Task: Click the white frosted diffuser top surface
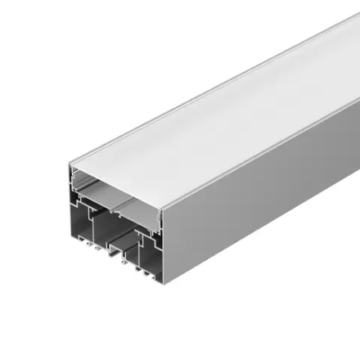[x=221, y=106]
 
